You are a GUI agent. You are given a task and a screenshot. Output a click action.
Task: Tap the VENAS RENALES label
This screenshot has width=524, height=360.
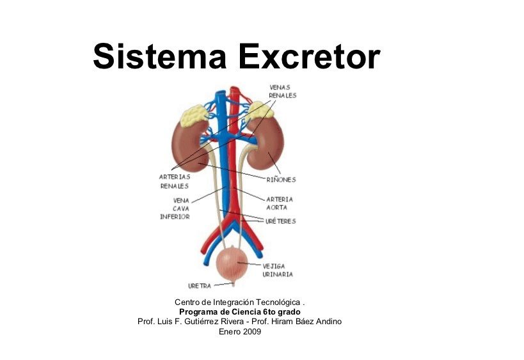point(282,91)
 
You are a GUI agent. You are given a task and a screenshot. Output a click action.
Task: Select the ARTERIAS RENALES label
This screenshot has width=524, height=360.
point(175,181)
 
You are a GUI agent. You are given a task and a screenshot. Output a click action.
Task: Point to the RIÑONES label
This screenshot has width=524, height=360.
point(281,180)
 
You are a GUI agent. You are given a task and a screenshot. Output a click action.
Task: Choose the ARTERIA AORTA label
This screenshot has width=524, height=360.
point(280,203)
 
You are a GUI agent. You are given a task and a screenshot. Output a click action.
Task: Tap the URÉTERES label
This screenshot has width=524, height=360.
point(281,221)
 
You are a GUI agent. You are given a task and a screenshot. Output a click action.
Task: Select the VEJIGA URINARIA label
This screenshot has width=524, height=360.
point(277,270)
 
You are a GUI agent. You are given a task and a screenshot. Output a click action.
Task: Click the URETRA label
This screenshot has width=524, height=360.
point(199,286)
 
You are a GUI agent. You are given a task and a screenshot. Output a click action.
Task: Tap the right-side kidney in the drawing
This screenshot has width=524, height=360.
point(269,144)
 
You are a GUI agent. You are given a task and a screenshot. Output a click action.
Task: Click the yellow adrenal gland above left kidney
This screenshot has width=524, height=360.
point(194,115)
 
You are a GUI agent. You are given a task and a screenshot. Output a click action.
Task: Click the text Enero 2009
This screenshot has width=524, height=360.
point(240,332)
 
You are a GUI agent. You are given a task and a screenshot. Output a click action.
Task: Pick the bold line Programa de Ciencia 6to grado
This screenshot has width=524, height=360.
point(240,312)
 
